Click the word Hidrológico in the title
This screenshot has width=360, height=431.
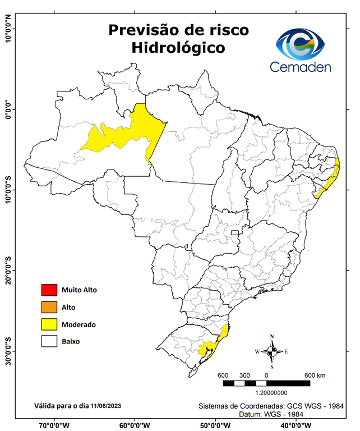point(178,48)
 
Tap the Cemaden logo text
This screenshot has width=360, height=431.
point(301,67)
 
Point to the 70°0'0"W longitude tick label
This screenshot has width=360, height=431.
point(54,425)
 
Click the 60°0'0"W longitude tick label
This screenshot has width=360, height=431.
point(135,425)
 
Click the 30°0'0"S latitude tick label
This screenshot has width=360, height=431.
point(8,351)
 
